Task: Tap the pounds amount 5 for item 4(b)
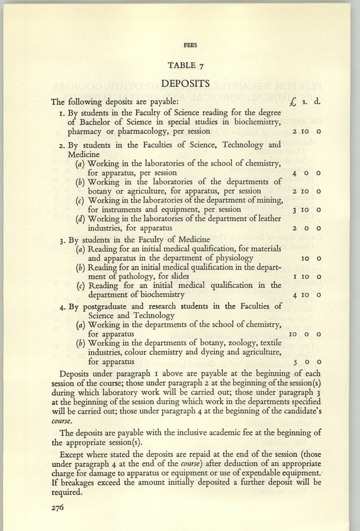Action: coord(294,362)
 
